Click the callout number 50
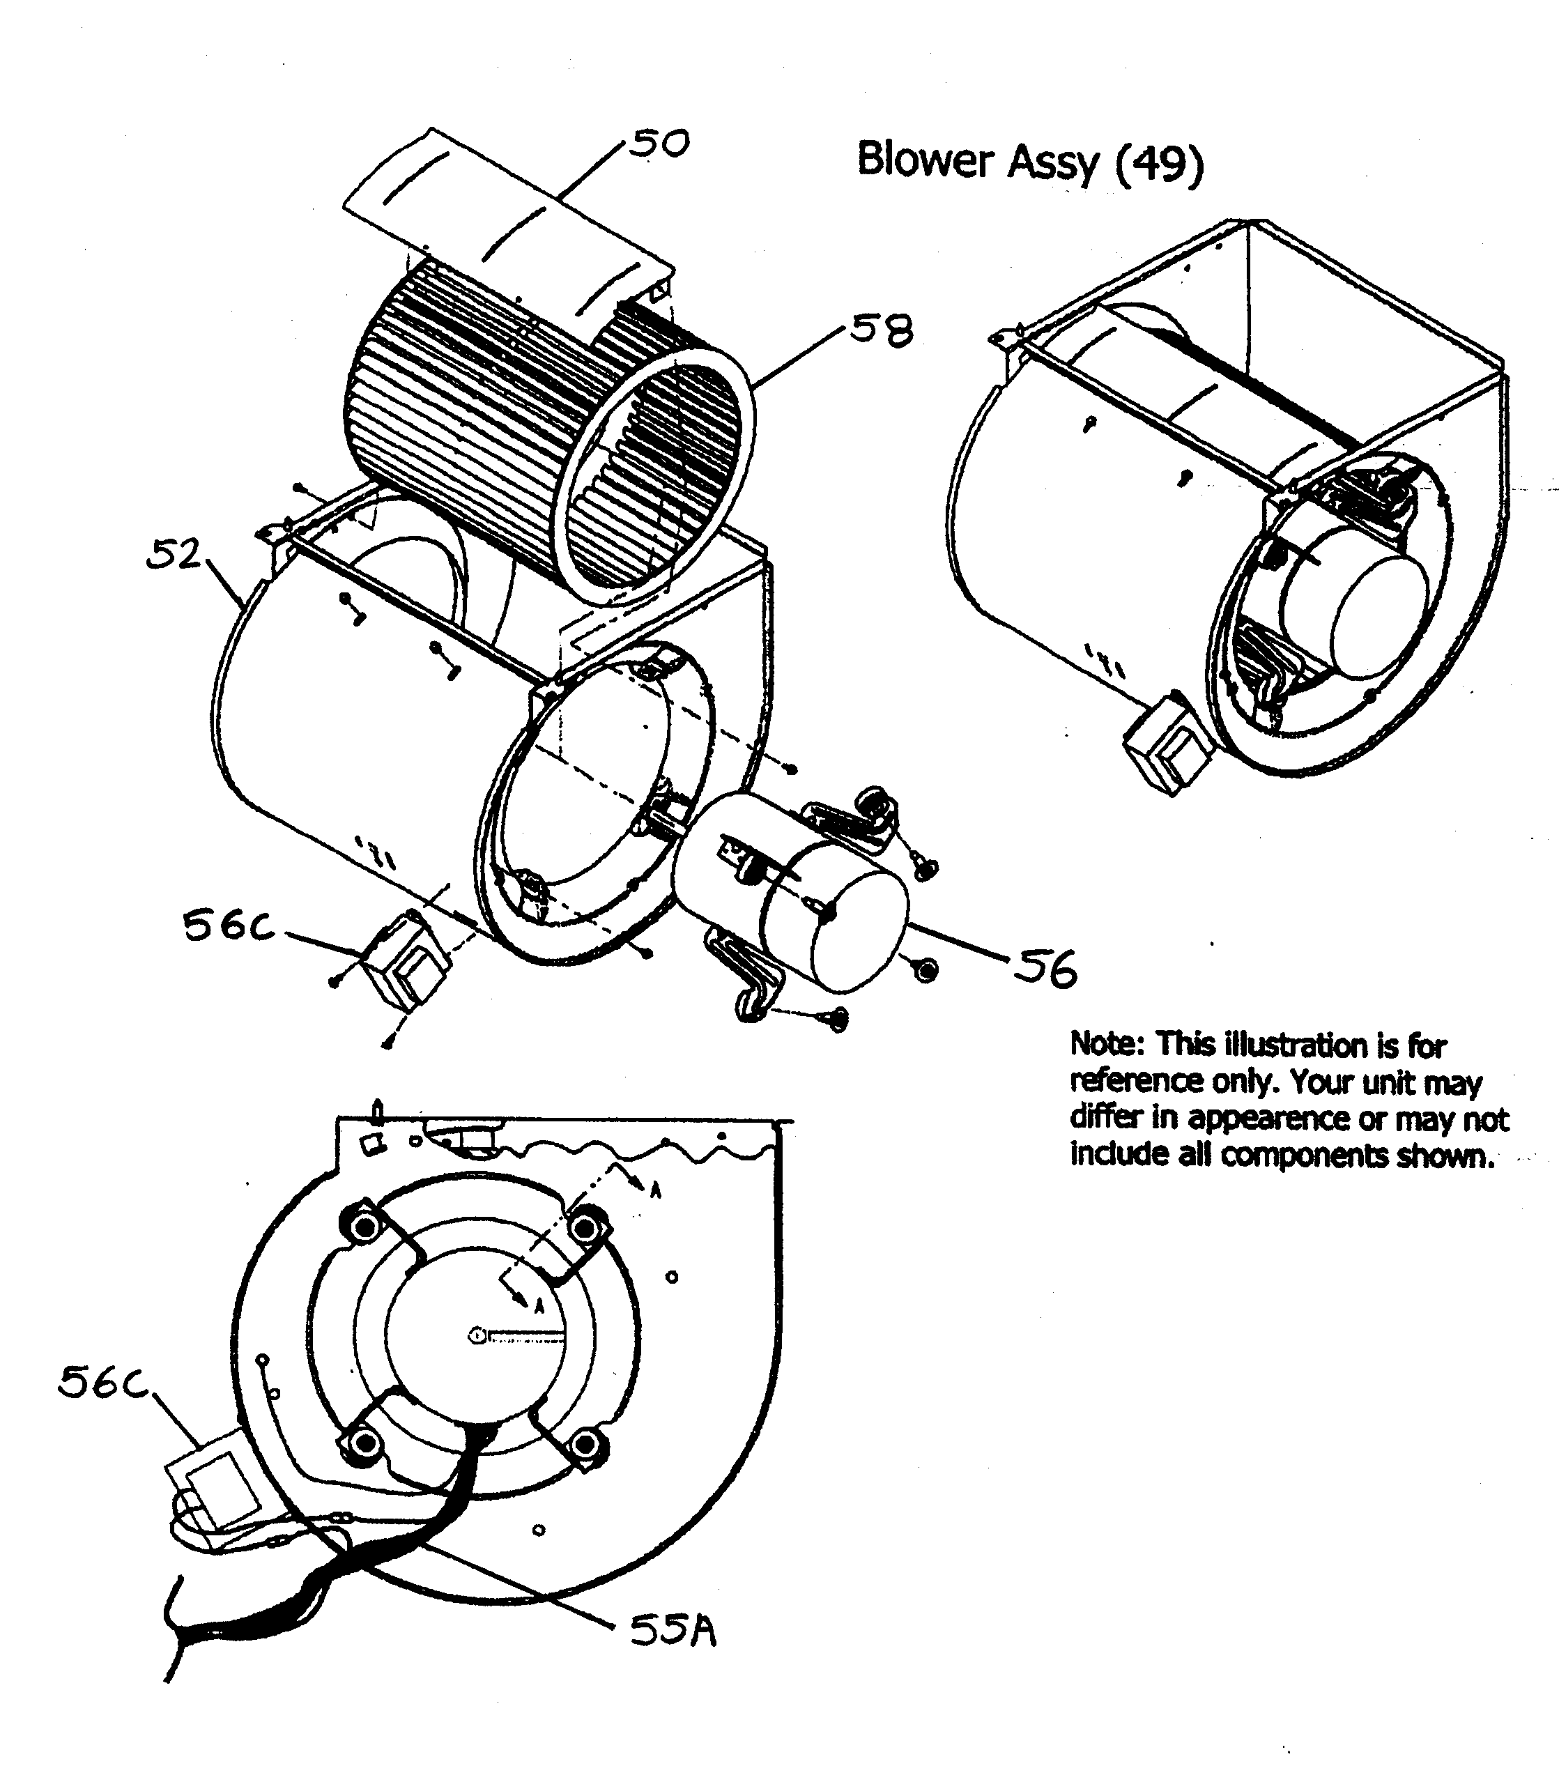coord(659,144)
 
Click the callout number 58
coord(881,330)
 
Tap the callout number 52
coord(173,555)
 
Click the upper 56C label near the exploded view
coord(229,927)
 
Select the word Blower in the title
coord(925,160)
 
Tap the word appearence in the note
coord(1270,1118)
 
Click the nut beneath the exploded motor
coord(926,970)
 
